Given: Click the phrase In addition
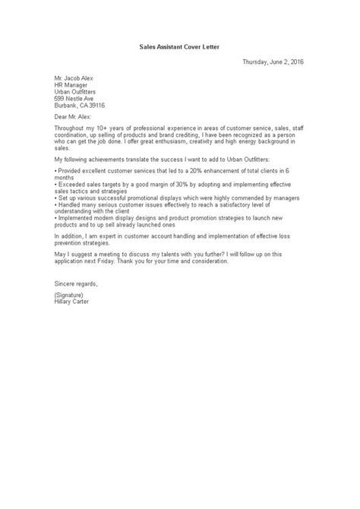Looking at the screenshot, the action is pyautogui.click(x=70, y=255).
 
